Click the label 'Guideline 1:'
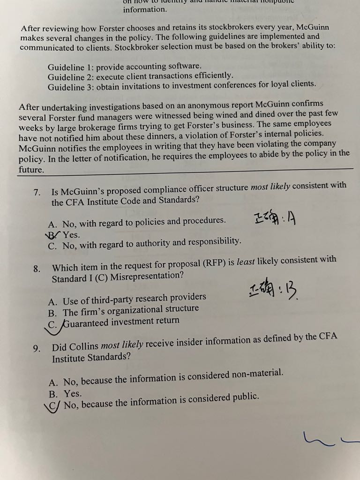click(71, 67)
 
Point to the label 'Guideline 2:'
click(71, 76)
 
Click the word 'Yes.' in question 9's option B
click(73, 393)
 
